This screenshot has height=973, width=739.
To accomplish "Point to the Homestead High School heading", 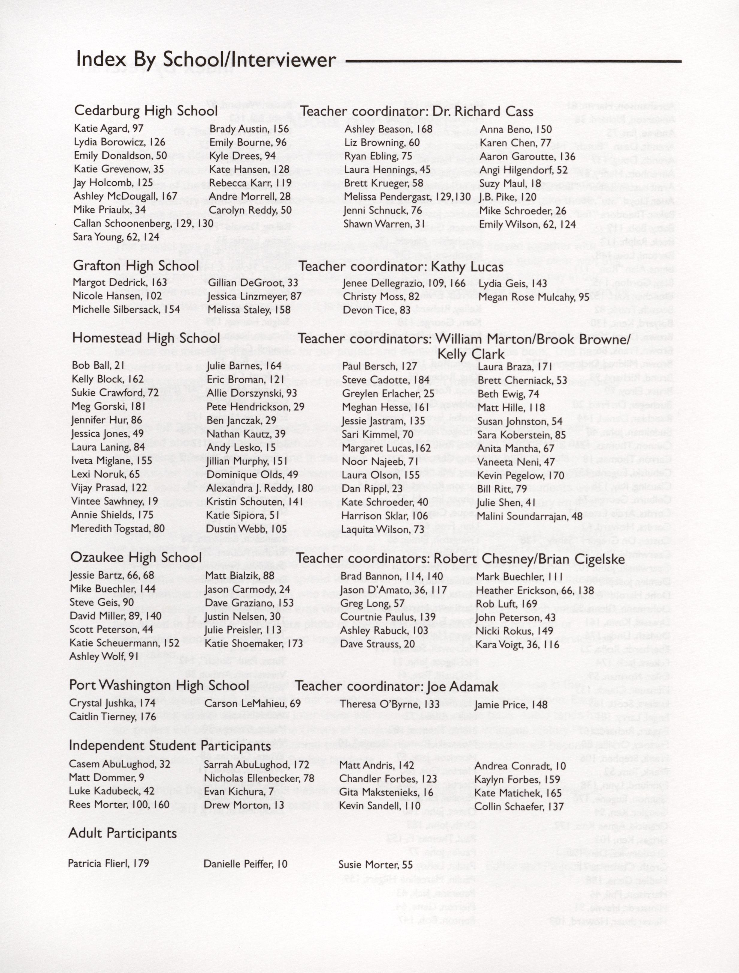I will coord(146,338).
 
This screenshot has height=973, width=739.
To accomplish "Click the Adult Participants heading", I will coord(123,833).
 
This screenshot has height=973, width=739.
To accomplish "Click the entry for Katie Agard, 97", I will coord(109,128).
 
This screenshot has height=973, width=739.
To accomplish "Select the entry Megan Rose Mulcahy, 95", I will coord(534,297).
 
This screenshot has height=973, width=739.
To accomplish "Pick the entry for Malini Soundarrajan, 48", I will coord(530,516).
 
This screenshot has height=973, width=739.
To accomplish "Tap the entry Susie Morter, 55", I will coord(375,865).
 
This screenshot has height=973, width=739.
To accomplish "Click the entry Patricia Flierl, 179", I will coord(108,864).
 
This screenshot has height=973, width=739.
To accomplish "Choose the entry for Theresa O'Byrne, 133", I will coord(390,704).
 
